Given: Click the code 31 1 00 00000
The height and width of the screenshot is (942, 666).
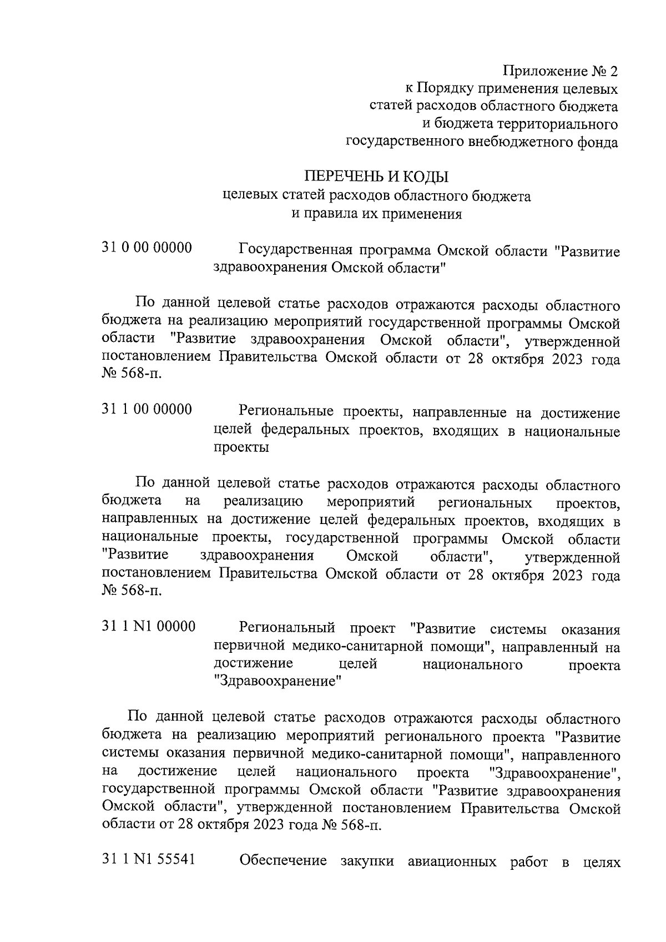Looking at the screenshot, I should point(147,410).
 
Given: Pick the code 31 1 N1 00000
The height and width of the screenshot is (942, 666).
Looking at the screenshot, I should point(149,627).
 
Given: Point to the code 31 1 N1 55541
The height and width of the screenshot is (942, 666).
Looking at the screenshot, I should point(149,860).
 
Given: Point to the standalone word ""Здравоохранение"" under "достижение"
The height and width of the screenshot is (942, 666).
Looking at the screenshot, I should point(277,682).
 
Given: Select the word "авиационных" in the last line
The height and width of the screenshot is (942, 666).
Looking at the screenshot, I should point(451,862).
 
